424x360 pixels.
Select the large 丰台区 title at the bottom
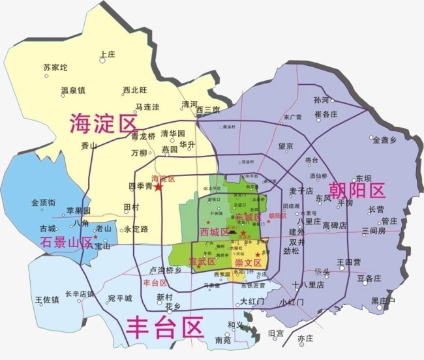click(x=164, y=325)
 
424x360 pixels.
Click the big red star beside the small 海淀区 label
click(x=159, y=187)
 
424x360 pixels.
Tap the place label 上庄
click(x=106, y=55)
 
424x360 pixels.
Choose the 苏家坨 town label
click(x=55, y=67)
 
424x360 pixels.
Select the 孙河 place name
click(x=321, y=100)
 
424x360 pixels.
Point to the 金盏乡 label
click(x=384, y=140)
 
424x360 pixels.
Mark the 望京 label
click(x=285, y=147)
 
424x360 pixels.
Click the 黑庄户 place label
click(x=383, y=301)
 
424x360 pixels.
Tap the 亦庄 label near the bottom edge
click(x=305, y=338)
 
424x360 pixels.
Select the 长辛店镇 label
click(x=80, y=293)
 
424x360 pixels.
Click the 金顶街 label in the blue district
click(x=43, y=203)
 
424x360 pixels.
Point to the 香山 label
click(x=89, y=146)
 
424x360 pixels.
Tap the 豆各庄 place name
click(x=369, y=278)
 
